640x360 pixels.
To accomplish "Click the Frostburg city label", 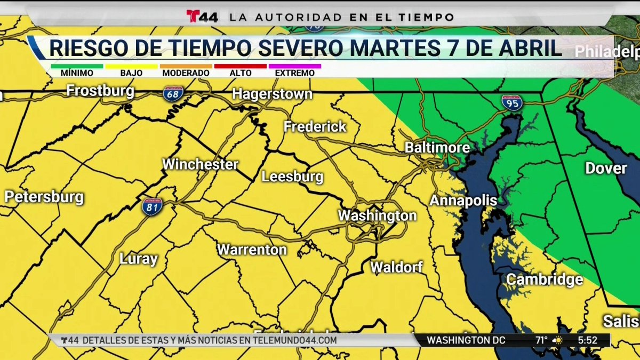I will (100, 91).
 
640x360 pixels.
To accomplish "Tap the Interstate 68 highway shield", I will (174, 94).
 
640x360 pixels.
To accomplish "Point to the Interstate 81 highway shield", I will (153, 207).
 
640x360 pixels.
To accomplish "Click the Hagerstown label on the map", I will (272, 94).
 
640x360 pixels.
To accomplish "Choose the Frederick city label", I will (315, 127).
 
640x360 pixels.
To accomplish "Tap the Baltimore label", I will (437, 147).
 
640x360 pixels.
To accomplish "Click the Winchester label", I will (200, 164).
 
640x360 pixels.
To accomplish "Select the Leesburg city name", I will (292, 177).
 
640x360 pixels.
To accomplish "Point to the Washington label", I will (377, 215).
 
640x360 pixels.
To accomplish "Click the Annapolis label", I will (463, 201).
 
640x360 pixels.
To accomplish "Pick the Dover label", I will (606, 169).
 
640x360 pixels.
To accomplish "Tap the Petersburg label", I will (44, 197).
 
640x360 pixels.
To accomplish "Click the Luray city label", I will (138, 260).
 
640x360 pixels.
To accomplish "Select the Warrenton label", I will (252, 249).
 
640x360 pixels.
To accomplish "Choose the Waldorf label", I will (396, 267).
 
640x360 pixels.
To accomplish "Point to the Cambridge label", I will (544, 279).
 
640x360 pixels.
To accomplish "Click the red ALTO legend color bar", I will (240, 66).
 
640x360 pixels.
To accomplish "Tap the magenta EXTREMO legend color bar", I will (295, 66).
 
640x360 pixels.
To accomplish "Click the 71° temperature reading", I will (542, 340).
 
